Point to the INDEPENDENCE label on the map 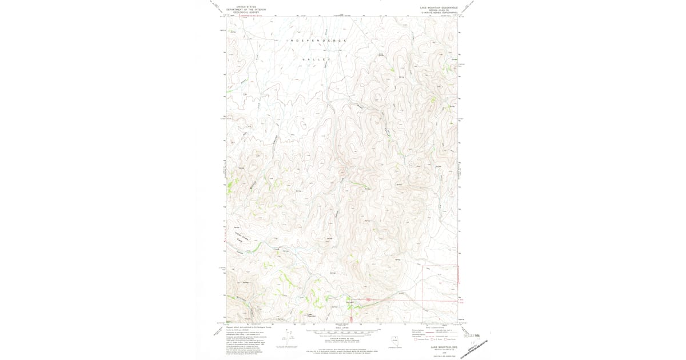(x=317, y=41)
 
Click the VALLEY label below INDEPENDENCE (x=317, y=59)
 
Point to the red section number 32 (x=440, y=282)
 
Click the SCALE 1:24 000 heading (x=342, y=327)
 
